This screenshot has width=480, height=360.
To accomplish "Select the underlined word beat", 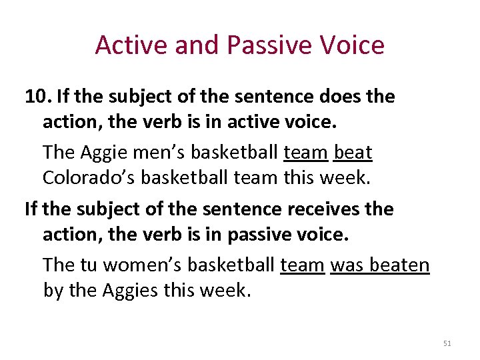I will (x=353, y=153).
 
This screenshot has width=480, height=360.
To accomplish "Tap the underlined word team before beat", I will (x=305, y=153).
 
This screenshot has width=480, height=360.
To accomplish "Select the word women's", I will (x=141, y=265).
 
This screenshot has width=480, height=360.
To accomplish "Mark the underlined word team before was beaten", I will (x=302, y=265).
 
